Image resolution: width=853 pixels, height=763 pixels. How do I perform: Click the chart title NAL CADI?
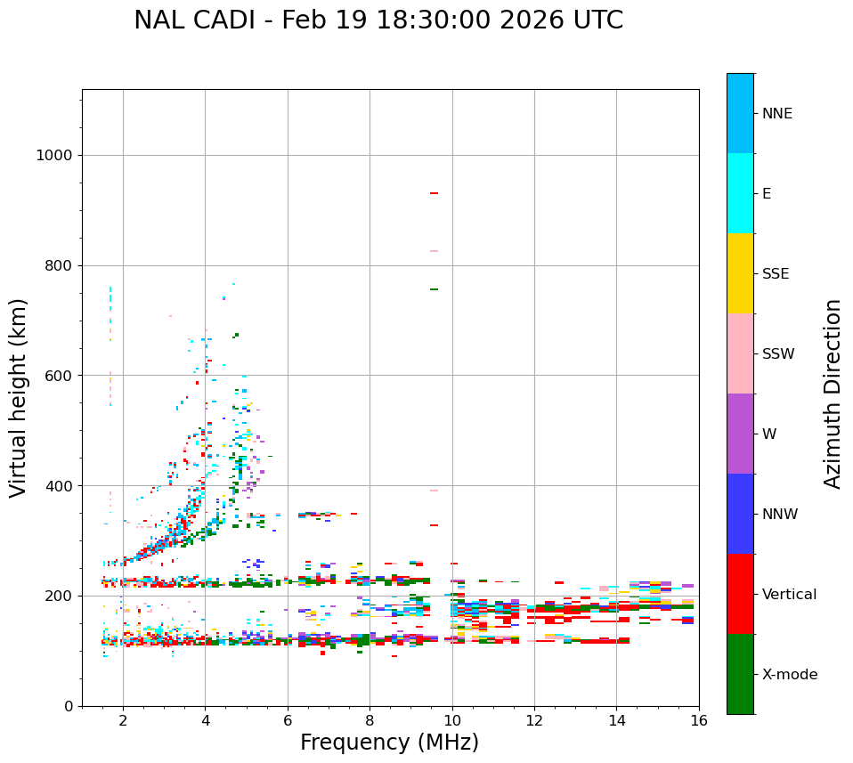(378, 20)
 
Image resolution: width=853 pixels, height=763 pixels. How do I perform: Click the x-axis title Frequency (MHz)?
(389, 743)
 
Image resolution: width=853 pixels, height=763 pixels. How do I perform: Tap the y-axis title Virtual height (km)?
(19, 397)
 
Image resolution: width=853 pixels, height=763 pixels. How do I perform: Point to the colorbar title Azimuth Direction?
(833, 394)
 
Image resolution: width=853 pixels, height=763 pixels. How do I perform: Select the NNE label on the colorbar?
(776, 114)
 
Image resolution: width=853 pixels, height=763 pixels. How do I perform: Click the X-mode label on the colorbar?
(789, 675)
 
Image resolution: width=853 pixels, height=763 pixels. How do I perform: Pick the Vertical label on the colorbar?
(789, 595)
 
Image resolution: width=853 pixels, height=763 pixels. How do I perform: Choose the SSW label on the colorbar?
(778, 354)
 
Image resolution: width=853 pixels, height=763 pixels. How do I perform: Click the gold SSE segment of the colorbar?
(740, 272)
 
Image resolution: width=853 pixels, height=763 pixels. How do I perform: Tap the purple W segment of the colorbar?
(740, 434)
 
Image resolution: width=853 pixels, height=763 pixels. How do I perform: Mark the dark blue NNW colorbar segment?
(740, 514)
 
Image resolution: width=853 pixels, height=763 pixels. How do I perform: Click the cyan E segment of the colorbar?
(740, 193)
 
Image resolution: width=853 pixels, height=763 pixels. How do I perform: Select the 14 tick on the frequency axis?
(616, 719)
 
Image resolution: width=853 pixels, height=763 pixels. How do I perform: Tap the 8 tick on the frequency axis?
(370, 719)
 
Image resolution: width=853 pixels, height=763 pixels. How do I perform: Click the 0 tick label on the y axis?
(68, 706)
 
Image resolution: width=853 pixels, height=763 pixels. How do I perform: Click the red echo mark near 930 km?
(434, 193)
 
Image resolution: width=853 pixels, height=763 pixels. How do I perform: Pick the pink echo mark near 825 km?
(434, 251)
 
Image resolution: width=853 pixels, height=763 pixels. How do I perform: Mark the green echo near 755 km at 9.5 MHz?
(434, 289)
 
